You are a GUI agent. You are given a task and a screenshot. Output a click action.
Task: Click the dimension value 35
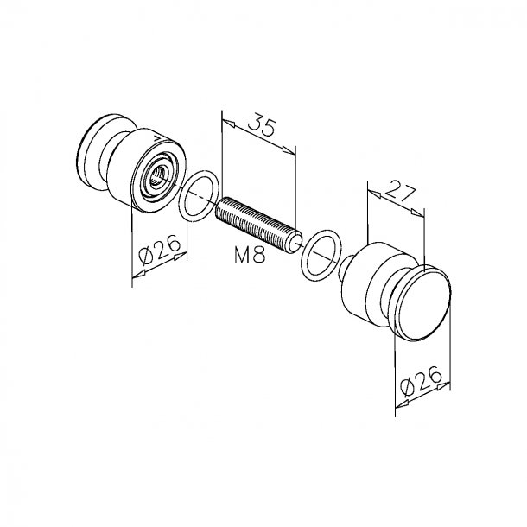(262, 124)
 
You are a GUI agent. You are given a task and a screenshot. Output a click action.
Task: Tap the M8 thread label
(250, 254)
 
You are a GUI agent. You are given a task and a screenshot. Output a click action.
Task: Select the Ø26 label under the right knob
(421, 380)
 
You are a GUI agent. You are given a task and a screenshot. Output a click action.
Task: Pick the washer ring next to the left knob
(199, 196)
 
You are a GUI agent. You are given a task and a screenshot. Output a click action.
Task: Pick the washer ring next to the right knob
(321, 256)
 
